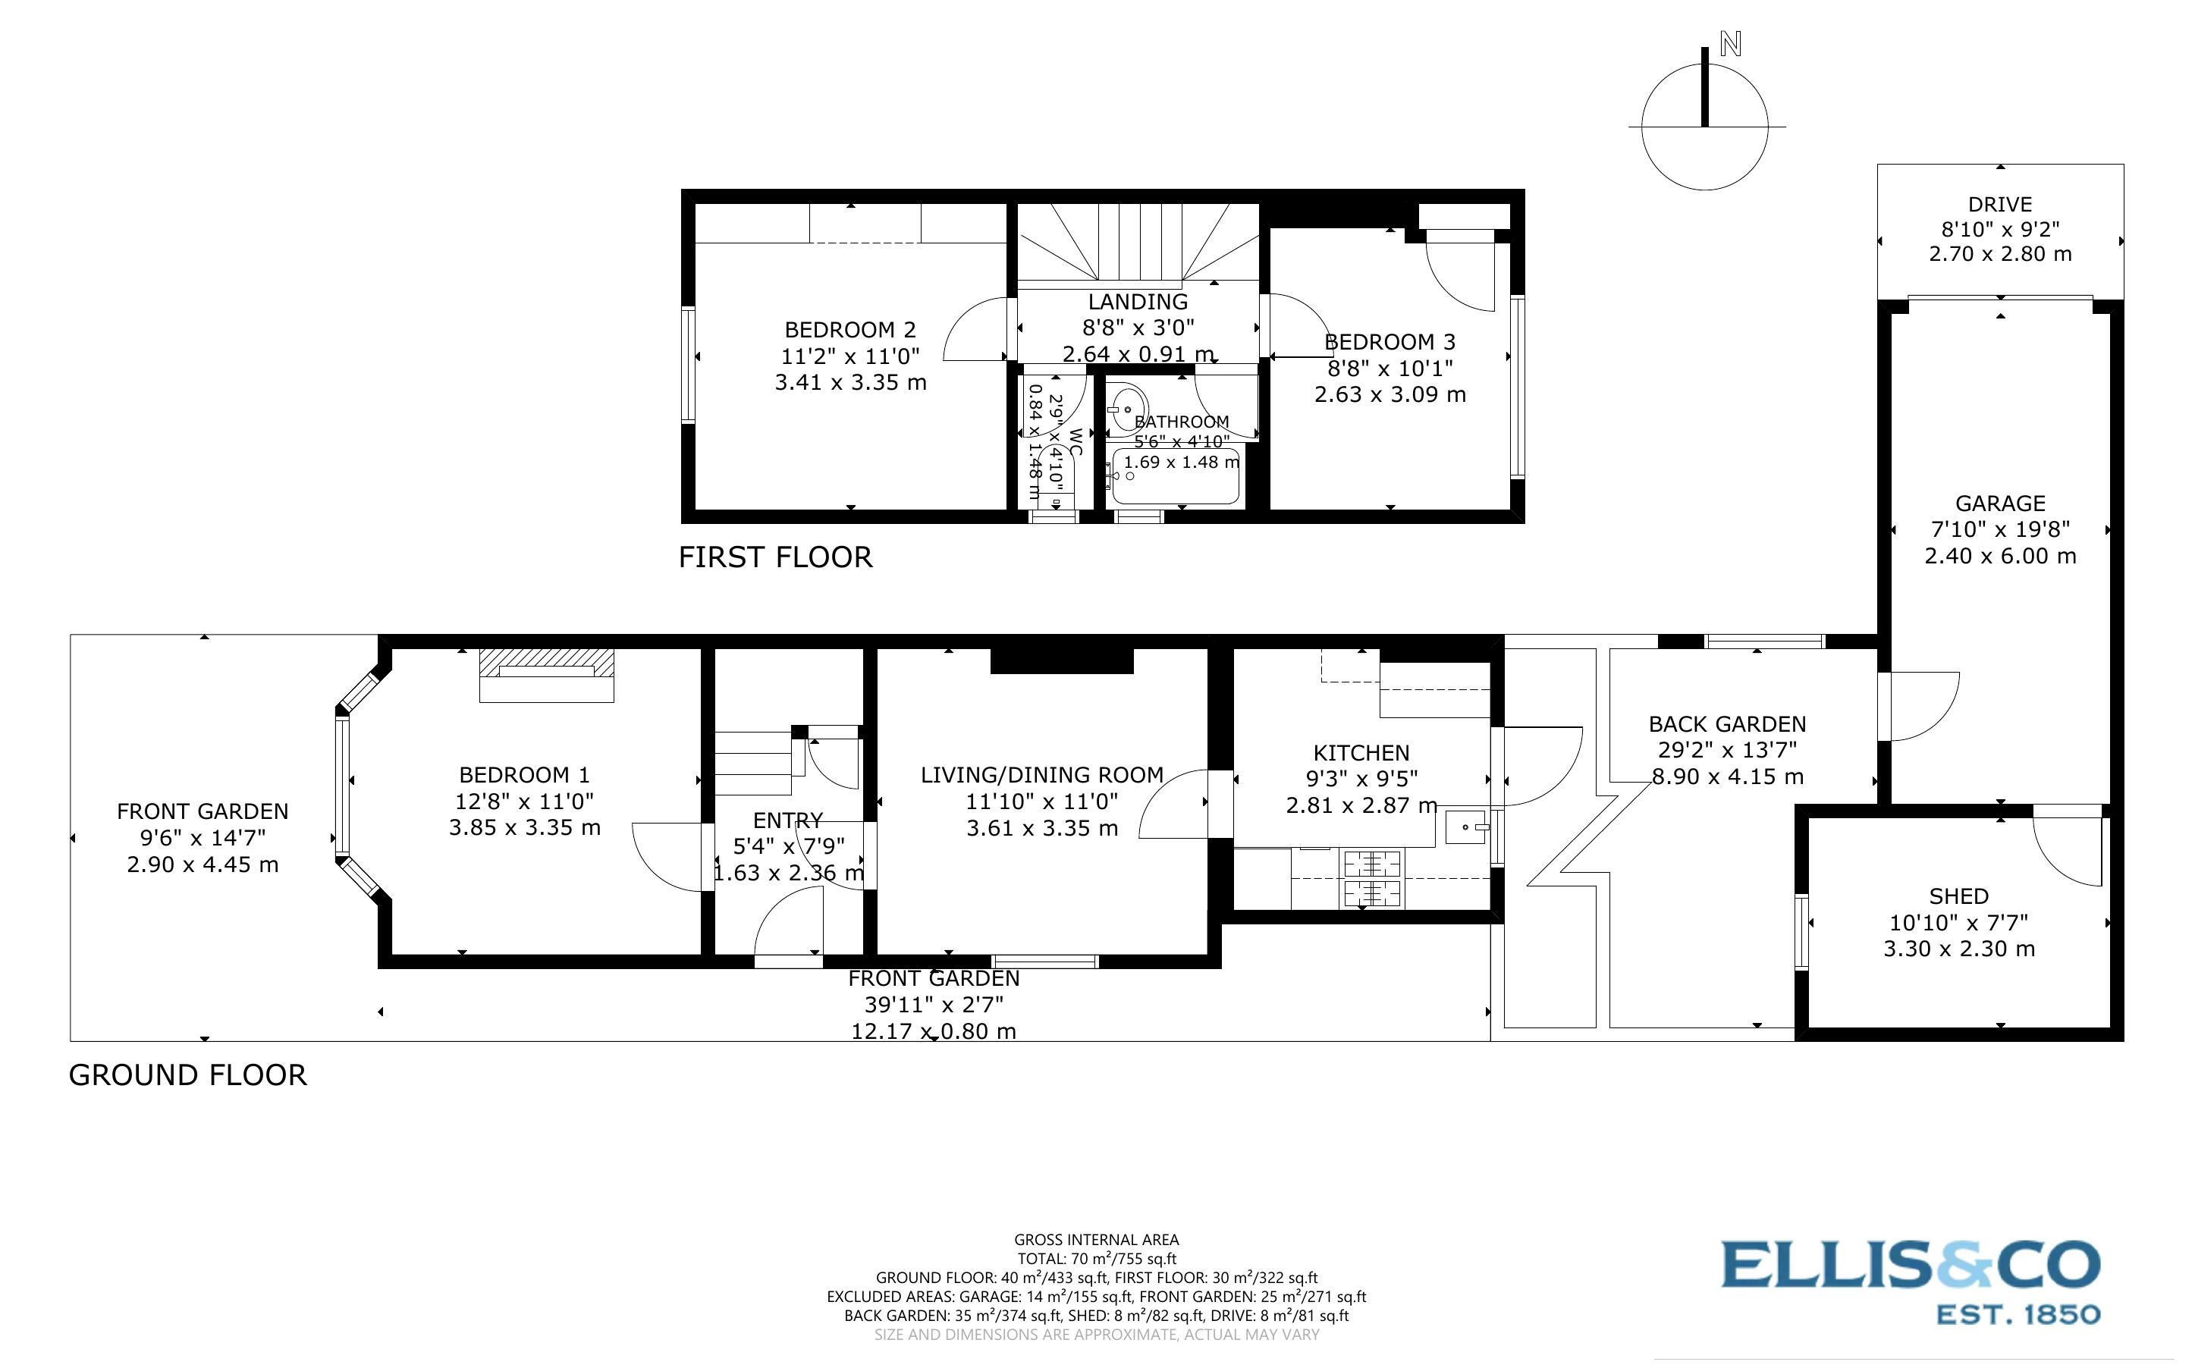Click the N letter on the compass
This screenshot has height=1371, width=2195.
pos(1730,43)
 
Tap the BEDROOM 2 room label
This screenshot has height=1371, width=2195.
pos(849,330)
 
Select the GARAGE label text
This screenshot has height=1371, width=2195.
pos(2000,504)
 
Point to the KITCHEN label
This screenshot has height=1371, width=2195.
pos(1361,752)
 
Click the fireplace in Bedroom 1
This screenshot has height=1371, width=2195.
pos(547,675)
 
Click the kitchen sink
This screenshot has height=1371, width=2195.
pos(1465,827)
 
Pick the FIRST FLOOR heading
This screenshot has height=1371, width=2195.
pos(775,557)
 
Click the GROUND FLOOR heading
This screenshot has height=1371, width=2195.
pos(187,1075)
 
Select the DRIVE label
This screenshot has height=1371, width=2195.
pos(1999,205)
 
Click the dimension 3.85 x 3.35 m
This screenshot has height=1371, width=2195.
pos(524,827)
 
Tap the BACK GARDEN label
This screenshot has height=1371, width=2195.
pos(1727,724)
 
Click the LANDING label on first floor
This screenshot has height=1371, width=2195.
pos(1138,302)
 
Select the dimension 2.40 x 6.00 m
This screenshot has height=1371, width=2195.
pos(2000,556)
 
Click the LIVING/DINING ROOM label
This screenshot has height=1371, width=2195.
pos(1041,775)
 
